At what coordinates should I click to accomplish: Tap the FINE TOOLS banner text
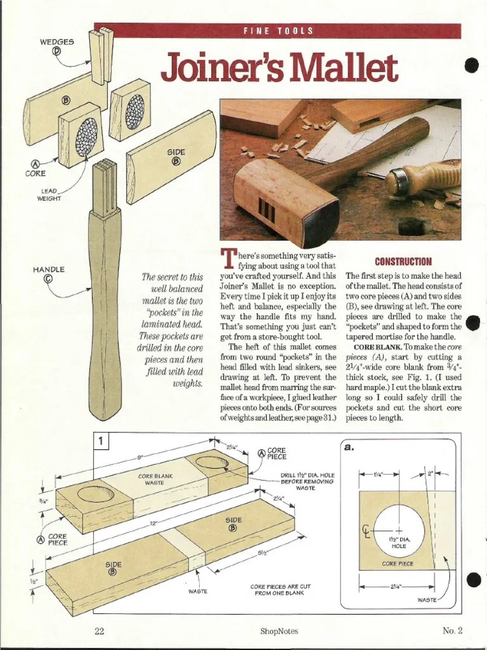[x=278, y=31]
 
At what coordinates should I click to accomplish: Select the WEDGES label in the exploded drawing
[x=57, y=42]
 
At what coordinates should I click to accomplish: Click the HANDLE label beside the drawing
[x=49, y=270]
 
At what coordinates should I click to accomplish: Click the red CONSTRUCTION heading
[x=403, y=262]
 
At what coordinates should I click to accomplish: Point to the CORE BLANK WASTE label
[x=155, y=479]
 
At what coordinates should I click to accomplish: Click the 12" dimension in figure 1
[x=152, y=523]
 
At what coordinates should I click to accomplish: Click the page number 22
[x=99, y=630]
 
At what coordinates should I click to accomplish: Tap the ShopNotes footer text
[x=278, y=630]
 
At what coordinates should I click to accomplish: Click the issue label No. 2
[x=453, y=630]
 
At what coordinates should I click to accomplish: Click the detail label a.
[x=348, y=447]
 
